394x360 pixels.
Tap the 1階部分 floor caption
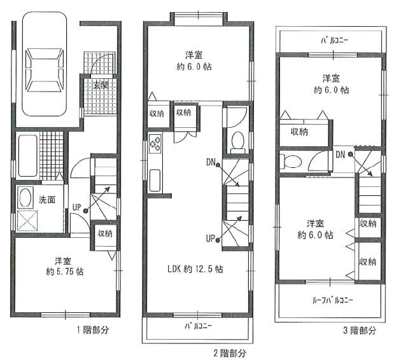[x=94, y=329]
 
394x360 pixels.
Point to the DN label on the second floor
[x=210, y=162]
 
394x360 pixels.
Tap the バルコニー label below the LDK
[x=199, y=326]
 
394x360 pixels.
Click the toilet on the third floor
[x=292, y=160]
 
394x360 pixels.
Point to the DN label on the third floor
[x=341, y=155]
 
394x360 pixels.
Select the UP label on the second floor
[x=210, y=239]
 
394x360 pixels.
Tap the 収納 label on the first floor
[x=105, y=233]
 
